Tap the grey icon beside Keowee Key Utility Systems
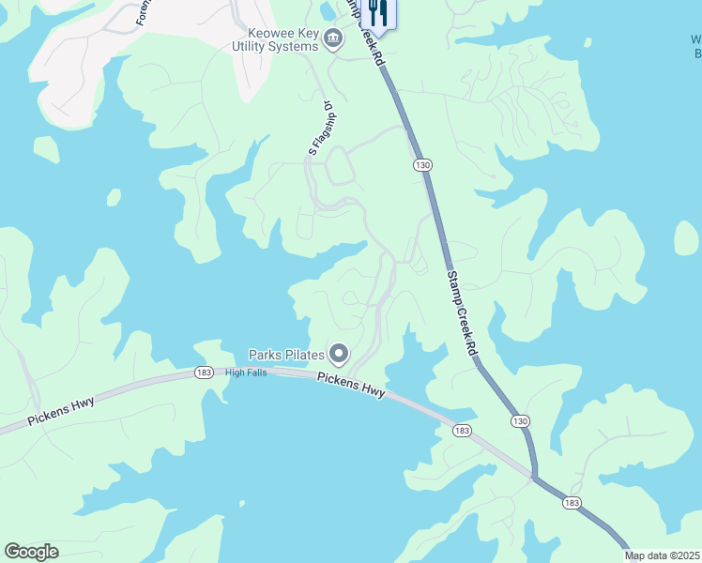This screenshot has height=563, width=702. (333, 39)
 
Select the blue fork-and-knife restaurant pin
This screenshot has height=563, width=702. (378, 12)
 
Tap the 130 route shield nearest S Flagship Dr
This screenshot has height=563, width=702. (422, 165)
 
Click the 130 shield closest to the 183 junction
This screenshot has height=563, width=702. (521, 421)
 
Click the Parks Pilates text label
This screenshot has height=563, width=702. (286, 355)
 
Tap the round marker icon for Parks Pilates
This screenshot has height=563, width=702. (339, 355)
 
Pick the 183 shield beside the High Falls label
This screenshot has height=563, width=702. (204, 373)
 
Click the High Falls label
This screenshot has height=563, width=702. (246, 373)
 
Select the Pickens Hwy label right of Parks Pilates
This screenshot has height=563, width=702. (351, 385)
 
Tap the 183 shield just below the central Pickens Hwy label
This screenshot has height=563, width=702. (461, 430)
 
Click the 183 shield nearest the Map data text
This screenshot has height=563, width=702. (572, 504)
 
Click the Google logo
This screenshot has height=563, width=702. (31, 552)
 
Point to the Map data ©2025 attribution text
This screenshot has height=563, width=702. (662, 555)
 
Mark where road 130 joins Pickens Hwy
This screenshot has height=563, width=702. (535, 477)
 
